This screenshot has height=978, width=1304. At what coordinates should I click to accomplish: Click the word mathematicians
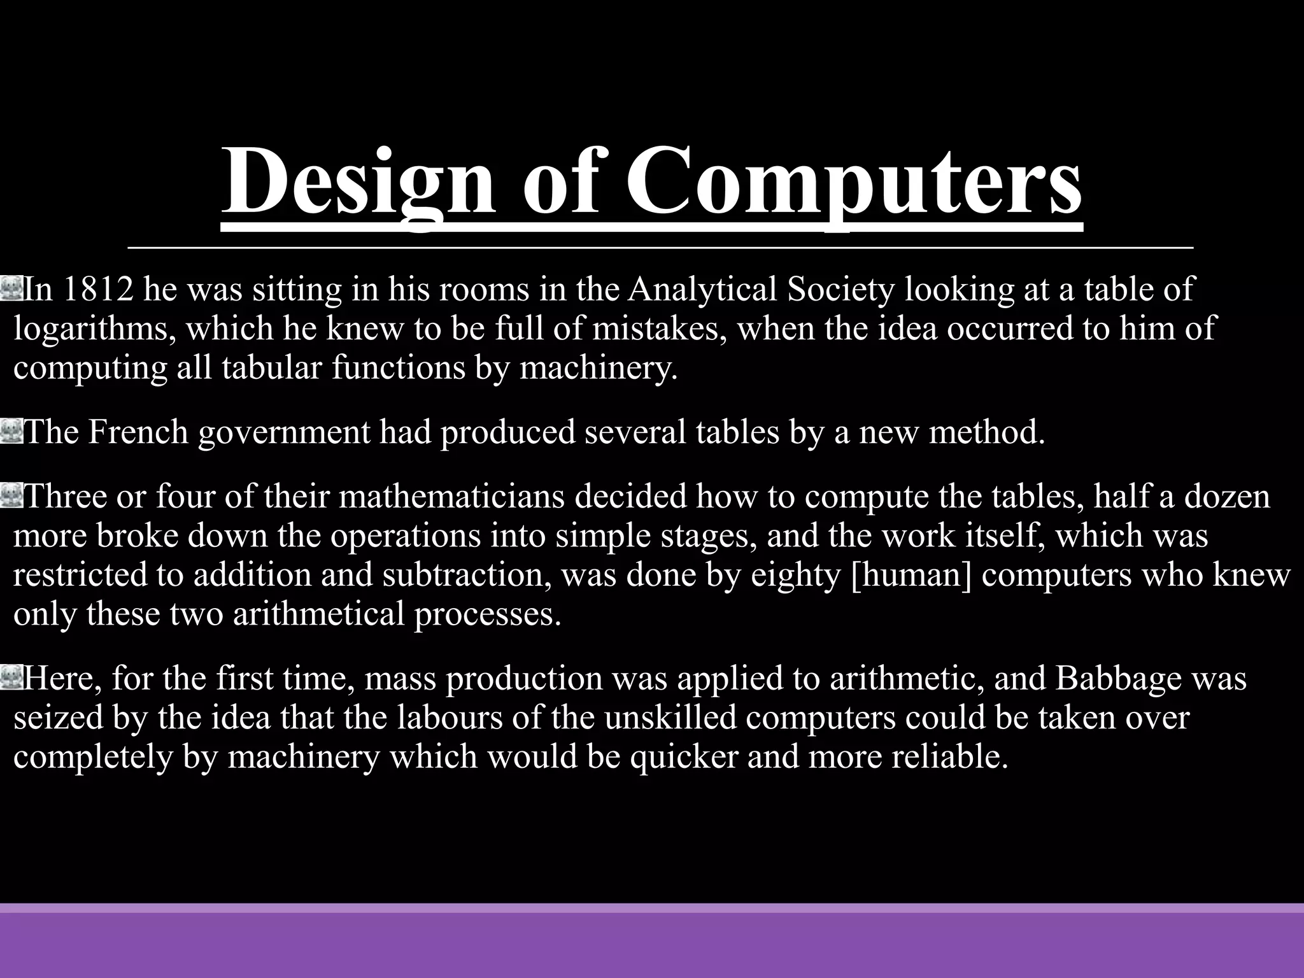451,496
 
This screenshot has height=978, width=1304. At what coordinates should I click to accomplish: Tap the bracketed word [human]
911,574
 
